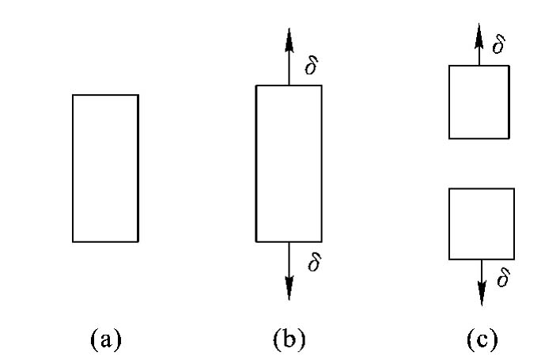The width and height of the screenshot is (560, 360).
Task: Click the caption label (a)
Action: [106, 339]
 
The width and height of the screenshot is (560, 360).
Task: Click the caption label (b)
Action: [289, 339]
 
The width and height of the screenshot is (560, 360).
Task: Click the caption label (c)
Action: [482, 339]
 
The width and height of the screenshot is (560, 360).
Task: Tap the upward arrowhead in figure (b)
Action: [289, 40]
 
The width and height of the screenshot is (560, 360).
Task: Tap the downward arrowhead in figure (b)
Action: [289, 288]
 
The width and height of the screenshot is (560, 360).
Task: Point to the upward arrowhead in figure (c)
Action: [479, 36]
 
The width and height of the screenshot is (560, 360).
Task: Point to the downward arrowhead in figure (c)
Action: [482, 294]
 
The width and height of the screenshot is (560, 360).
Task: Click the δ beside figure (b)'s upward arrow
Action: [311, 66]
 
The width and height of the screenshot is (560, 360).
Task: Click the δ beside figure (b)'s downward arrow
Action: [314, 262]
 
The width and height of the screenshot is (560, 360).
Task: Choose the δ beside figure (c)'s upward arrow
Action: [499, 44]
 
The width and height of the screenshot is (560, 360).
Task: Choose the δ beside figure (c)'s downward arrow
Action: [503, 277]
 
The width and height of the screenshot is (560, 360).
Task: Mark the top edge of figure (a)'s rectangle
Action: [105, 95]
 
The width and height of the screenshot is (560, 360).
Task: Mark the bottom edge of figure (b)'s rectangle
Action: [289, 242]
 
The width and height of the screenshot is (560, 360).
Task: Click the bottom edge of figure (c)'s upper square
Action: [479, 138]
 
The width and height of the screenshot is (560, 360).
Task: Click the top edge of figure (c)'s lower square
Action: [482, 188]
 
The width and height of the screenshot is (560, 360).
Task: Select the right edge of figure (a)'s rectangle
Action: [138, 169]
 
